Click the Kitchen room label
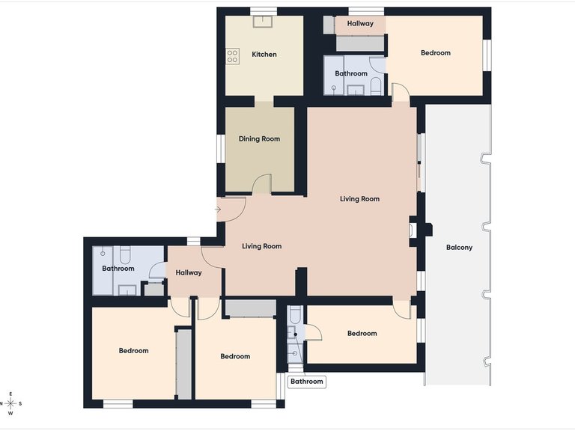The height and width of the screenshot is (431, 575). coord(264,55)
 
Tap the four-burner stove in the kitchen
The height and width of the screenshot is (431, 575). coord(233,55)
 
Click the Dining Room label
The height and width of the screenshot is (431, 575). coord(259,138)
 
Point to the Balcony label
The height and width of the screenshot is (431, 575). coord(459,248)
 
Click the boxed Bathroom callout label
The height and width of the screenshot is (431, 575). coord(307,382)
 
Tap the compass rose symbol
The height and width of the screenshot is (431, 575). coord(10,403)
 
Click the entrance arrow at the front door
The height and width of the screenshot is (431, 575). coord(217,210)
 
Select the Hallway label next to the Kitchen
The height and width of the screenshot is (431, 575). coord(359,24)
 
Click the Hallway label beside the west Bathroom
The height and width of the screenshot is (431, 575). coord(189,272)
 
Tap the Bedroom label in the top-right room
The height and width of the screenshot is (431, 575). coord(435,53)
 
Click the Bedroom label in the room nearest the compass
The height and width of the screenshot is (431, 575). coord(133,350)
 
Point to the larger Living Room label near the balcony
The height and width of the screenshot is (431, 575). coord(359,199)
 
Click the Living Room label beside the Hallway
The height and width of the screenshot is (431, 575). coord(261,246)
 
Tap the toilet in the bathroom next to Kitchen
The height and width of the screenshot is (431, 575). coord(376,88)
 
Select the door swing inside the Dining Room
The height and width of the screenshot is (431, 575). coord(261,184)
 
